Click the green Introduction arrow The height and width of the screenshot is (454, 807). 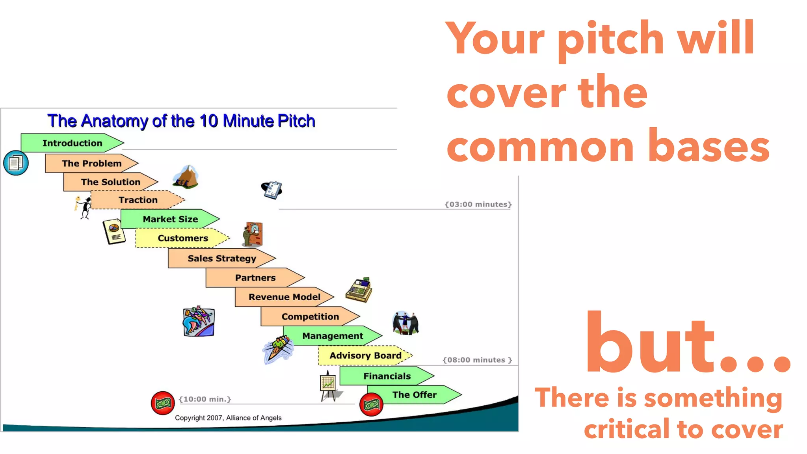pyautogui.click(x=72, y=143)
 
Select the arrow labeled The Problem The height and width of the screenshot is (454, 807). pyautogui.click(x=91, y=164)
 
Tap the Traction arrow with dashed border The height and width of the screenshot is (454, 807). pyautogui.click(x=138, y=200)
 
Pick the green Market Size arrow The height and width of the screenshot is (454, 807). pyautogui.click(x=170, y=219)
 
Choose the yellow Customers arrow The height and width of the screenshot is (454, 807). pyautogui.click(x=182, y=238)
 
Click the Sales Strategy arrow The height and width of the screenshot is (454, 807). pyautogui.click(x=221, y=259)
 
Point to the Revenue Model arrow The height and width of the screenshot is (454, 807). pyautogui.click(x=284, y=297)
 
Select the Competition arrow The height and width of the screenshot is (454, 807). pyautogui.click(x=310, y=316)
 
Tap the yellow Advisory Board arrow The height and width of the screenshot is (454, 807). pyautogui.click(x=365, y=355)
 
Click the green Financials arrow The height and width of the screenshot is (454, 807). pyautogui.click(x=387, y=376)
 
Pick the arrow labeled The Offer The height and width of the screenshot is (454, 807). pyautogui.click(x=414, y=394)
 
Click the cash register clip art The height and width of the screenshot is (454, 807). pyautogui.click(x=359, y=290)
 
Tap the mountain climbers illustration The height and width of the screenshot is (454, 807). pyautogui.click(x=186, y=177)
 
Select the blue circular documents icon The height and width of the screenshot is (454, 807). pyautogui.click(x=16, y=163)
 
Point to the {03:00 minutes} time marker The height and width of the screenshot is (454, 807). pyautogui.click(x=478, y=204)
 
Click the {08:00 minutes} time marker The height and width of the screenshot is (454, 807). pyautogui.click(x=477, y=360)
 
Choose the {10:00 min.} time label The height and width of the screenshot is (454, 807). pyautogui.click(x=205, y=399)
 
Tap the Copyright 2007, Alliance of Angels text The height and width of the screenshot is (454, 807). pyautogui.click(x=228, y=418)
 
